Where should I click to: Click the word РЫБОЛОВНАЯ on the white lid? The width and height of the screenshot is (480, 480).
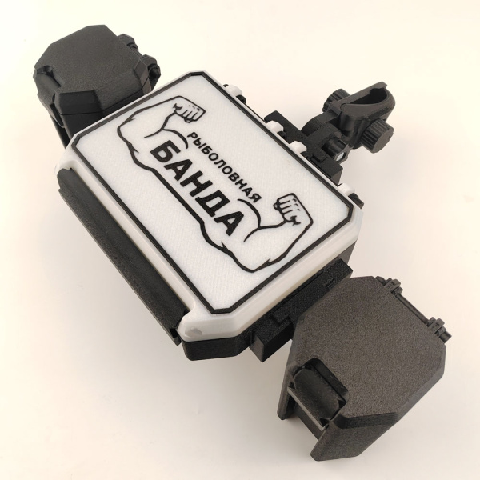pyautogui.click(x=224, y=167)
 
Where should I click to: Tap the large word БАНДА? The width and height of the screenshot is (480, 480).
pyautogui.click(x=197, y=189)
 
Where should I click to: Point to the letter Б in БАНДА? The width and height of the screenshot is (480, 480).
pyautogui.click(x=163, y=155)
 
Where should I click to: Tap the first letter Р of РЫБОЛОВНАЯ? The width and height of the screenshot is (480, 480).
pyautogui.click(x=191, y=136)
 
